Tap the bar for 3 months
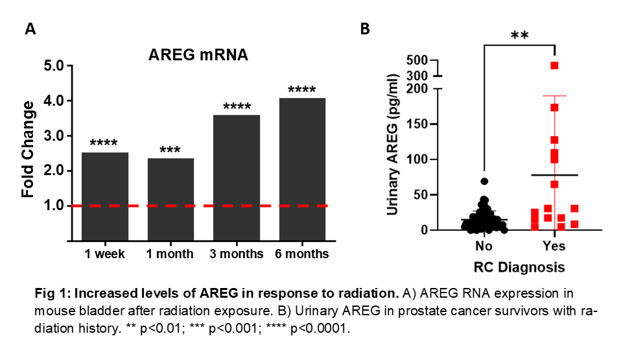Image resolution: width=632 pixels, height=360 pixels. click(236, 178)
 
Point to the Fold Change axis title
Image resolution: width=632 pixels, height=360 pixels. click(29, 149)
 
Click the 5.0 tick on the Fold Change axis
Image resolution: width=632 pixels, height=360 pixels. click(56, 66)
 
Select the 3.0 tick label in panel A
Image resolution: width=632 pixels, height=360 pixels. click(56, 136)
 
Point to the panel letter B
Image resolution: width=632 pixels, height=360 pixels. click(365, 29)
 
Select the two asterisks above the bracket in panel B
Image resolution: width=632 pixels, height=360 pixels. click(519, 36)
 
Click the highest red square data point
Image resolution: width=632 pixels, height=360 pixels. click(554, 66)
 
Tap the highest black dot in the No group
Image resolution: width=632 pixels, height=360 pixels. click(484, 182)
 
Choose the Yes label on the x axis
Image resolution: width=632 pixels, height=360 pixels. click(554, 246)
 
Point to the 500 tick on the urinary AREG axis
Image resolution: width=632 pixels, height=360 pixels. click(421, 60)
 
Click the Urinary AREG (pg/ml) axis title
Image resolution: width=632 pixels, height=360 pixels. click(393, 145)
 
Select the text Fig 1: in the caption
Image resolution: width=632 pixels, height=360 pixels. click(49, 293)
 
